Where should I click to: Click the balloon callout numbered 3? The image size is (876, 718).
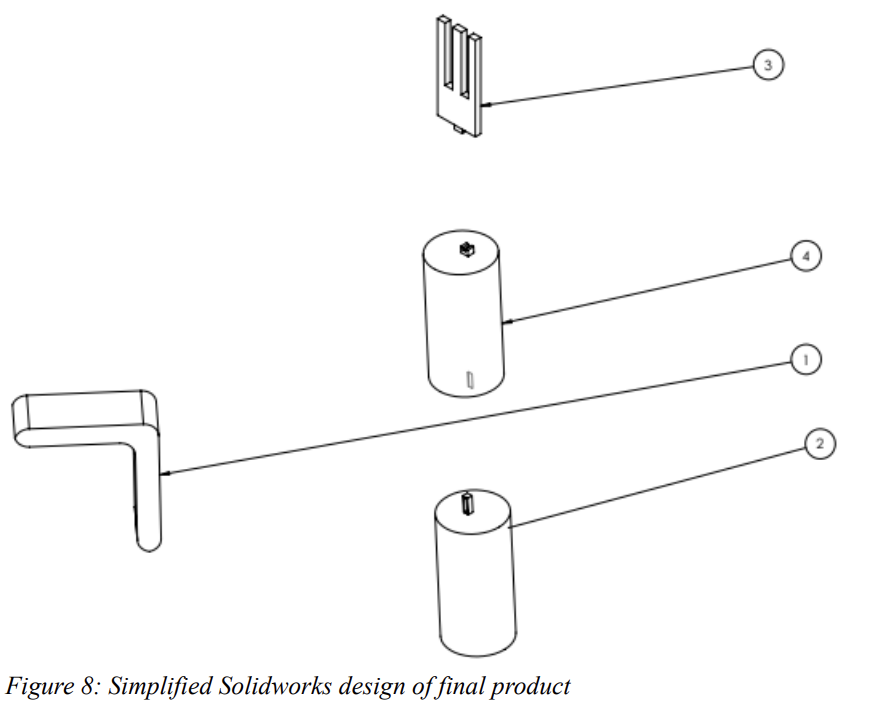(x=767, y=66)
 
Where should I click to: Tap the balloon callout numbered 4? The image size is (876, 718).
(x=806, y=256)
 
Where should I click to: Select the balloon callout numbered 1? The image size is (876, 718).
(x=806, y=357)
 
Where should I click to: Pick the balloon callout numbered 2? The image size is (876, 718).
(x=819, y=444)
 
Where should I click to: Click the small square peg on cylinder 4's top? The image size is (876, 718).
(x=464, y=249)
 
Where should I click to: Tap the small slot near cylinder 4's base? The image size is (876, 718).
(x=468, y=379)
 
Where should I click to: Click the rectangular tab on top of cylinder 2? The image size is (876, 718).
(x=467, y=503)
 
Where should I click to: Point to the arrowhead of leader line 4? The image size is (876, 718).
(x=506, y=322)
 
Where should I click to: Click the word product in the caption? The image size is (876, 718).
(x=534, y=687)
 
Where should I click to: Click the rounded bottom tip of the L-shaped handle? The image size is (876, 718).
(x=148, y=541)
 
